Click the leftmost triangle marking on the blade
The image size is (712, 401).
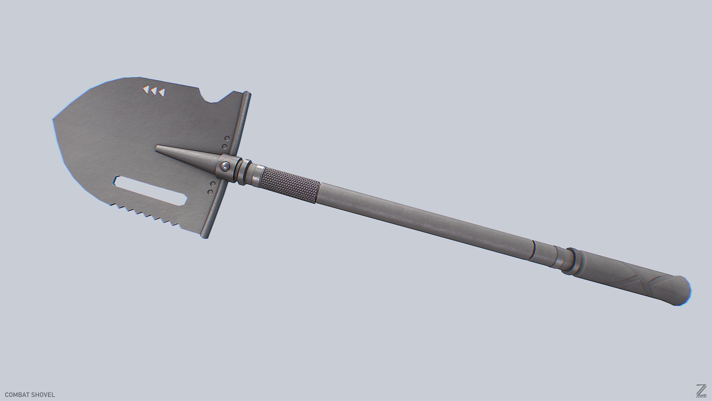coord(146,89)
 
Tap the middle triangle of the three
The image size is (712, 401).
coord(154,91)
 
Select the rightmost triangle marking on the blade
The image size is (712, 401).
coord(162,92)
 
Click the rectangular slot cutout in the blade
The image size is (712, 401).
coord(151,190)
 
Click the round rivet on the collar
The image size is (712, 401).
coord(225,166)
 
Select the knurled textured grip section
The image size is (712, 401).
coord(290,185)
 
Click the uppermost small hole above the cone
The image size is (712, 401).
coord(227,138)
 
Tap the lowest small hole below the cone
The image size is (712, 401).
coord(210,192)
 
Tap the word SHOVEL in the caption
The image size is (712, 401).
coord(43,395)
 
